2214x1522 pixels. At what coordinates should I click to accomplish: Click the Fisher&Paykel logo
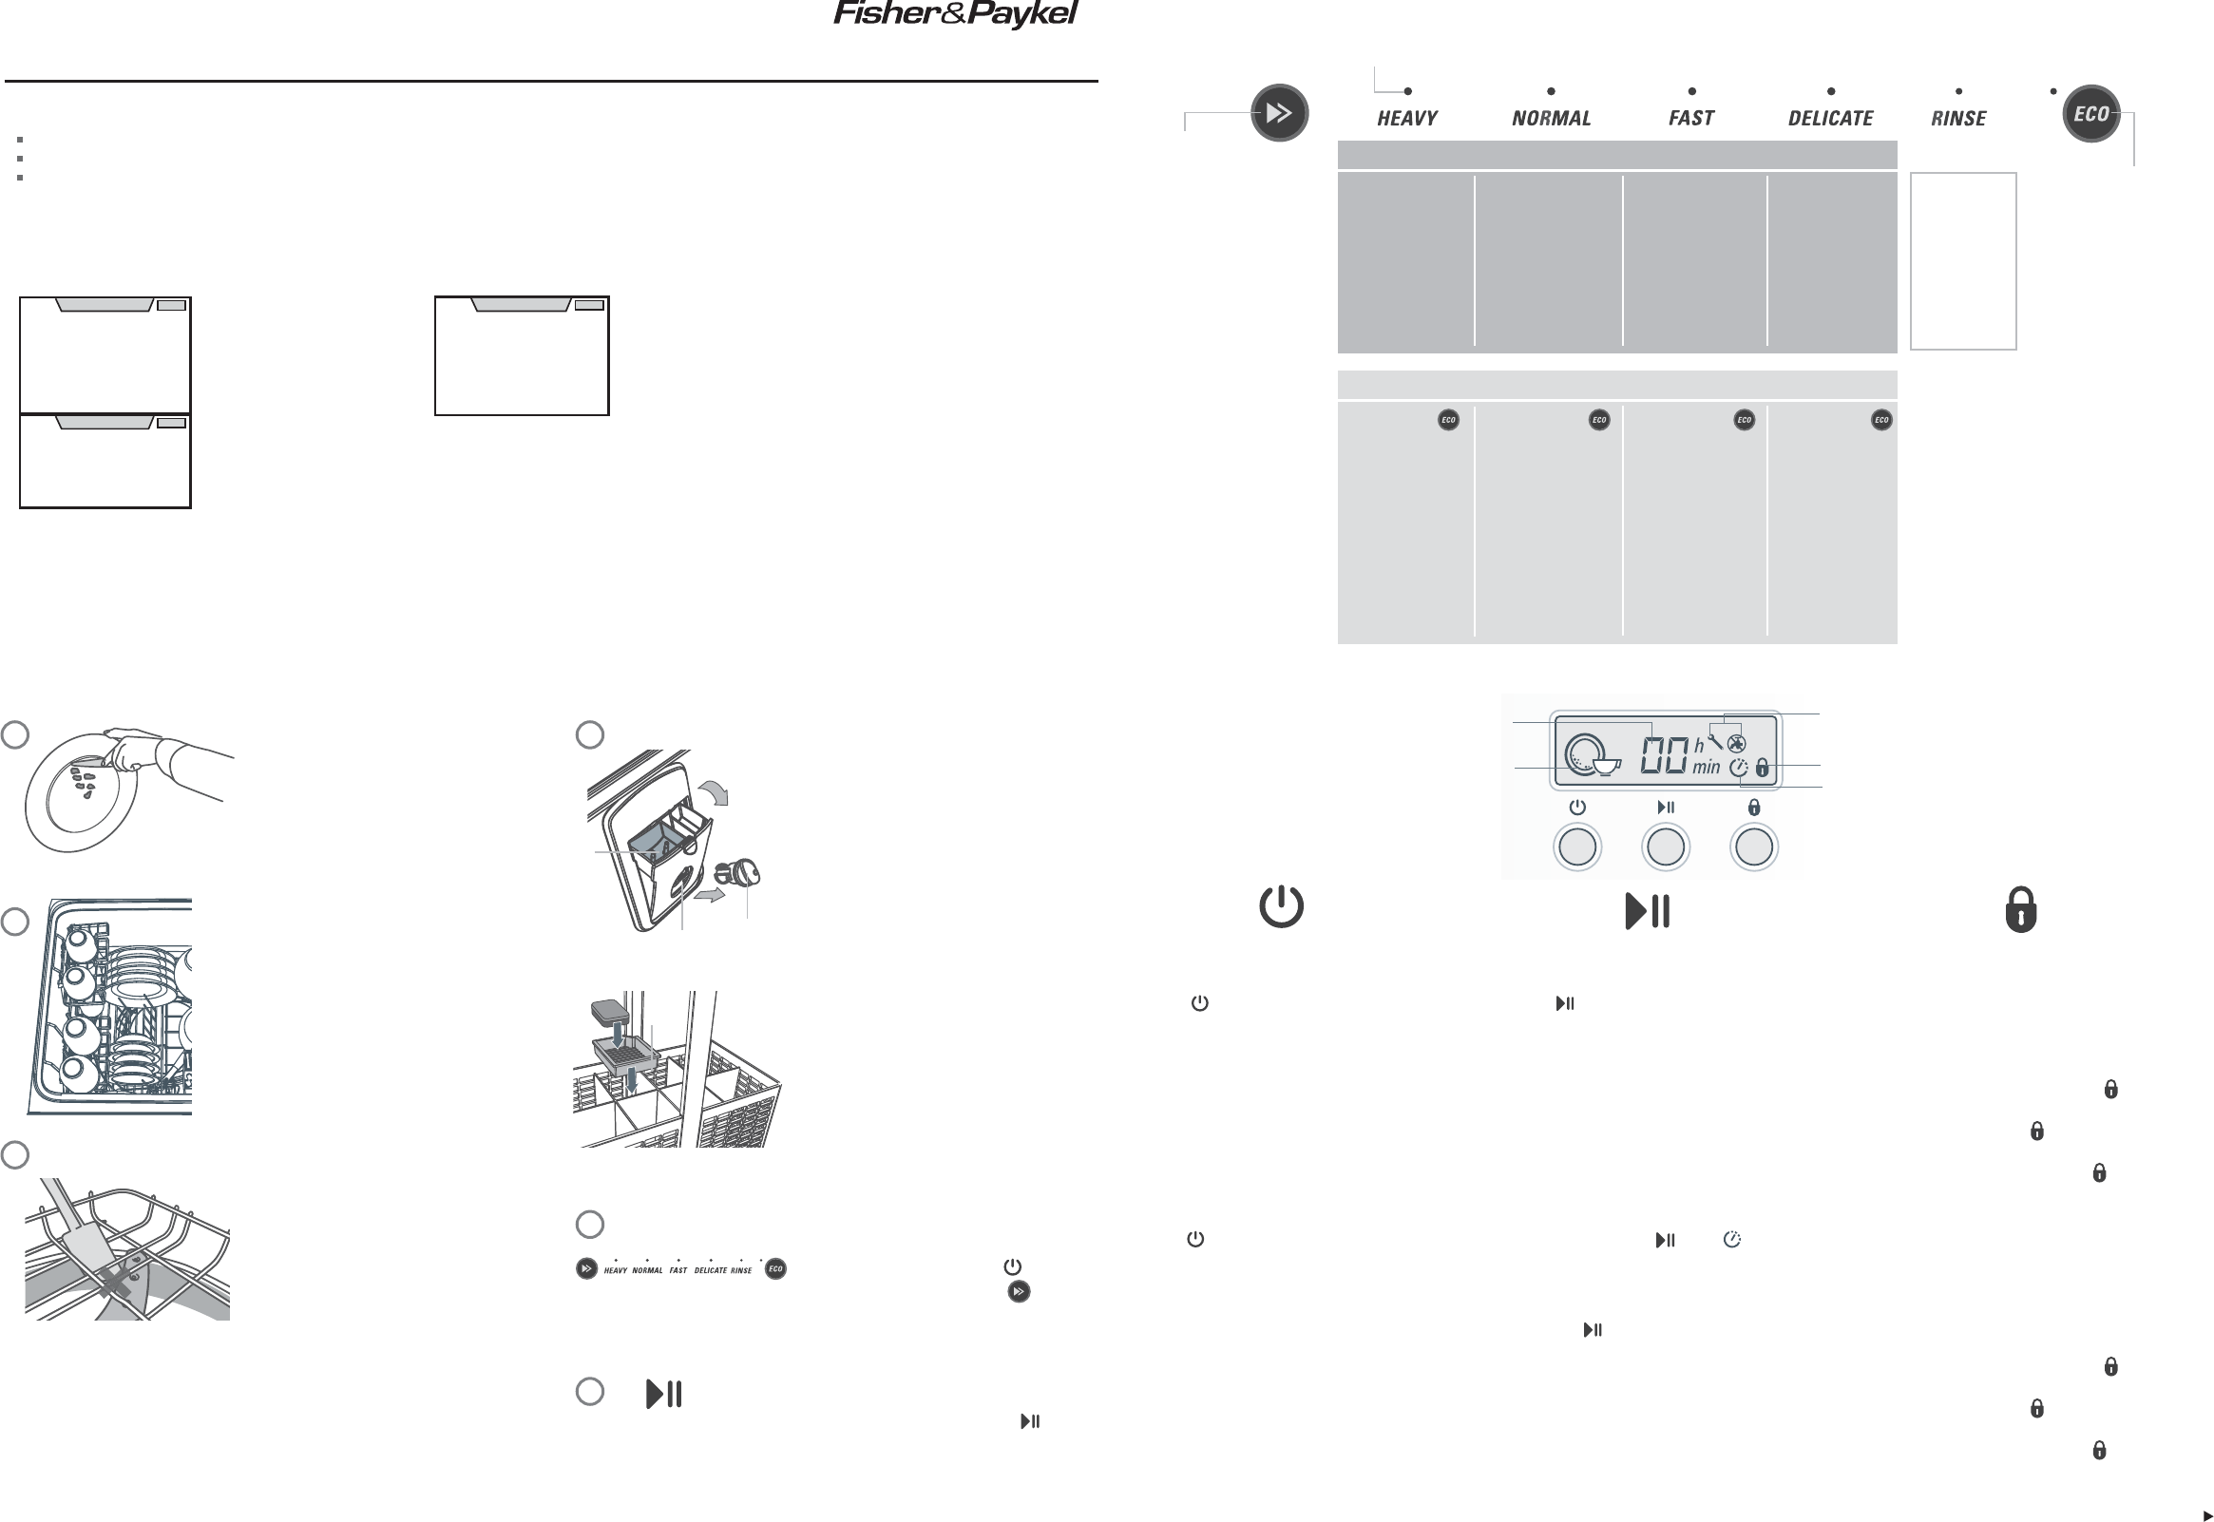click(955, 14)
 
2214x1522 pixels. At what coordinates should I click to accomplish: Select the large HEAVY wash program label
click(1407, 118)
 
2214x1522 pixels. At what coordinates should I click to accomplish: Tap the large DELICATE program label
click(1831, 118)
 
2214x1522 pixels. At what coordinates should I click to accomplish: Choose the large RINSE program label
click(1958, 118)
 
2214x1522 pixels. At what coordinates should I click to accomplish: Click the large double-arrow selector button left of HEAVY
click(1279, 113)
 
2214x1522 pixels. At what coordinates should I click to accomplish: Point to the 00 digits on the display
click(1664, 756)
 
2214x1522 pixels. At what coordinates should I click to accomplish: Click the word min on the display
click(1706, 768)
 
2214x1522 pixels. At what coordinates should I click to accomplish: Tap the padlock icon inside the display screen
click(1762, 767)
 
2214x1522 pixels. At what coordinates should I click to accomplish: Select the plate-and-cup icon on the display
click(1592, 755)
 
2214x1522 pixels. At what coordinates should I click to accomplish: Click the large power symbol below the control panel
click(1281, 907)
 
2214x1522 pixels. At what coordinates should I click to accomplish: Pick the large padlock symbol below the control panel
click(2020, 909)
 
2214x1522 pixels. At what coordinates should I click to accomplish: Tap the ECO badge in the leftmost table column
click(1447, 420)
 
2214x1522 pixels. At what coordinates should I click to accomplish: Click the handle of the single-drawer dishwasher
click(522, 304)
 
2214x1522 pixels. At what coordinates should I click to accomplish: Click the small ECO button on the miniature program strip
click(775, 1268)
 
